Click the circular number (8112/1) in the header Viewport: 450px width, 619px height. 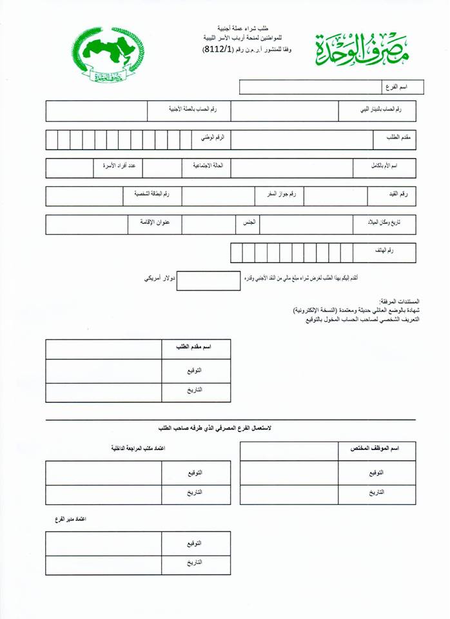coord(219,49)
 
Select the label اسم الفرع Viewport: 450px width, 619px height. coord(393,86)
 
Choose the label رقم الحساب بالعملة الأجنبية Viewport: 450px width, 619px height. coord(192,110)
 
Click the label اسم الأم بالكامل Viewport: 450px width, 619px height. coord(386,166)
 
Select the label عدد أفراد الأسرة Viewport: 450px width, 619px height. coord(118,166)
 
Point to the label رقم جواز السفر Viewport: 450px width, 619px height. coord(277,194)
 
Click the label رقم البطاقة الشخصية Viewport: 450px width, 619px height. coord(152,194)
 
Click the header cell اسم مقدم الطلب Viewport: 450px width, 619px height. coord(195,347)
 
